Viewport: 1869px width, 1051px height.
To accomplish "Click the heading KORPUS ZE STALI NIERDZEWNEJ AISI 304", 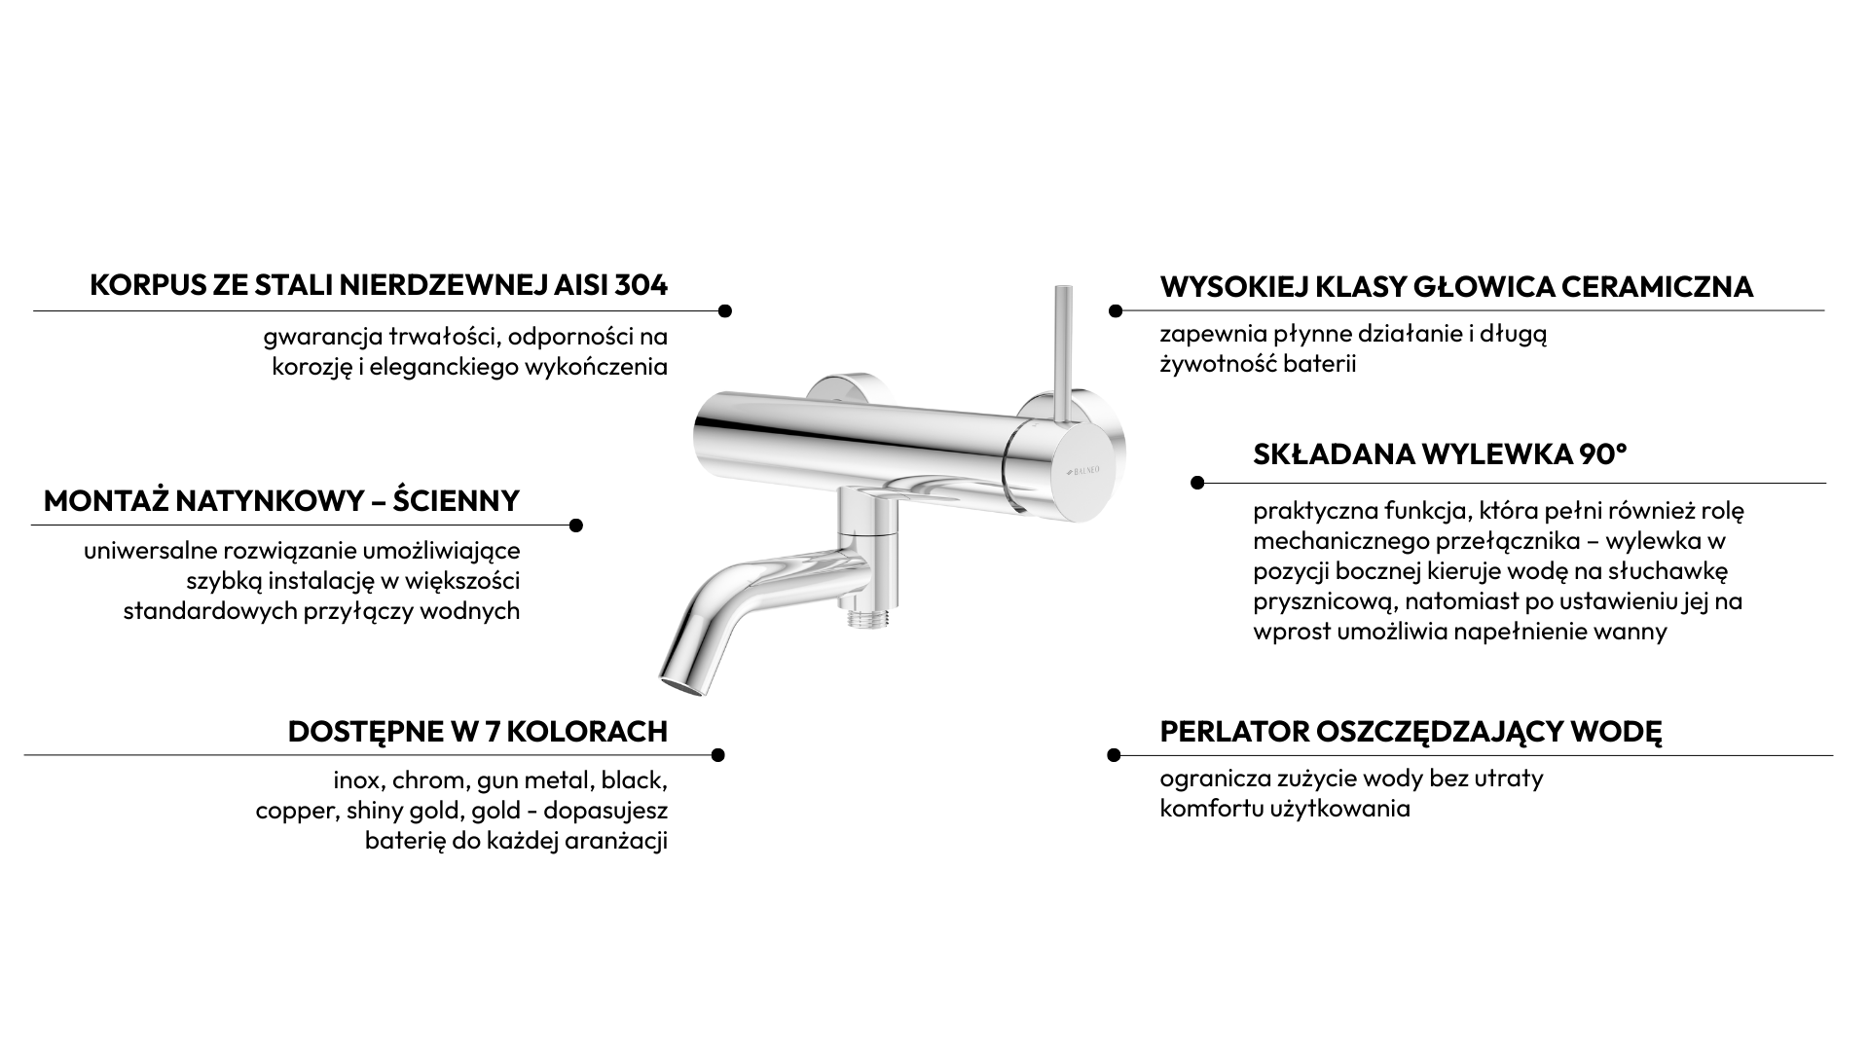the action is (x=379, y=286).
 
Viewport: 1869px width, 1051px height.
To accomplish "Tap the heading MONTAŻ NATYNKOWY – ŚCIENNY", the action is (x=281, y=500).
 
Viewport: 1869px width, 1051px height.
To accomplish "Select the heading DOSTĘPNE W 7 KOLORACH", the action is (x=478, y=732).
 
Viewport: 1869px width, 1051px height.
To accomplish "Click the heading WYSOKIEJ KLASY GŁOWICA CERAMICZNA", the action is (x=1456, y=287).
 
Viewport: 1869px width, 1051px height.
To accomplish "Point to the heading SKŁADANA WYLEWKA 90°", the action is (x=1440, y=454).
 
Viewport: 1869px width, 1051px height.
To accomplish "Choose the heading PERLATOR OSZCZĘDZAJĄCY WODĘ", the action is (x=1411, y=732).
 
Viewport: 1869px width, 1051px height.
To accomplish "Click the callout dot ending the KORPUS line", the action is (x=724, y=311).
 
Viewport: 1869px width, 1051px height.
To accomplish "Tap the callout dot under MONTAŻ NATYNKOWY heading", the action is (x=575, y=525).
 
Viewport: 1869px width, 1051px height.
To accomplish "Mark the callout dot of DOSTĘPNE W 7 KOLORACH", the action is (x=718, y=755).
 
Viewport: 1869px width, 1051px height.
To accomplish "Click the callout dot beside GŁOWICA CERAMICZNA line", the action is (x=1116, y=311).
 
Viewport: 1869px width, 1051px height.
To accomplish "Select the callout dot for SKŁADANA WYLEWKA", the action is (x=1197, y=483).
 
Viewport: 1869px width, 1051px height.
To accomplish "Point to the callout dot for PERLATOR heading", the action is (x=1115, y=755).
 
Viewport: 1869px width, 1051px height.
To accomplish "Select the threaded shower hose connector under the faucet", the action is (x=862, y=616).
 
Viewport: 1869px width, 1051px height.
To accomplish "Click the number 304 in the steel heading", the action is (x=641, y=286).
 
